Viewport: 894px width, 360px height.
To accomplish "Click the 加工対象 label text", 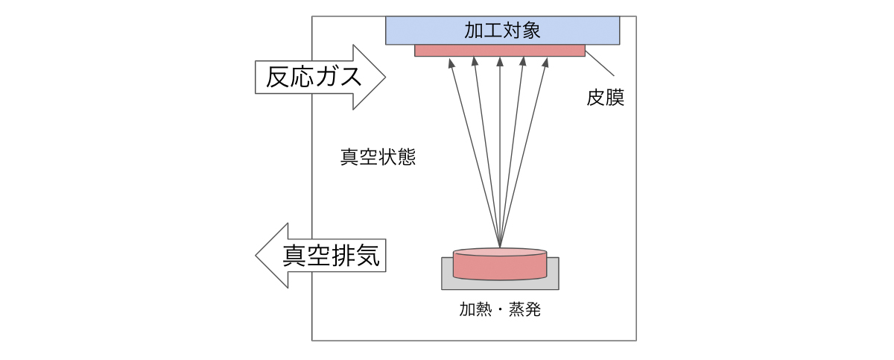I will pos(502,31).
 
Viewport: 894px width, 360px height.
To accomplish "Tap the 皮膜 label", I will pos(605,98).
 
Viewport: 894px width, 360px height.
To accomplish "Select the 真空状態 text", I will pos(378,158).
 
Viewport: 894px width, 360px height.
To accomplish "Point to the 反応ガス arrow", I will pos(320,77).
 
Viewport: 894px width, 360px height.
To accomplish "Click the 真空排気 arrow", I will pos(321,256).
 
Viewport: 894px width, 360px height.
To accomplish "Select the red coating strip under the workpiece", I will pos(499,51).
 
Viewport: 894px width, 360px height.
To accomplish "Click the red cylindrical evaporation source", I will pos(500,265).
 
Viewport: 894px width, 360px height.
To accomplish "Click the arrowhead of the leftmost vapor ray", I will pos(451,62).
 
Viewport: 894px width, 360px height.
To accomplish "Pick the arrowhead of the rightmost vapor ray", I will pos(546,62).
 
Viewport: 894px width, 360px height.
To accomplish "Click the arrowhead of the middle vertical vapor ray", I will pos(499,62).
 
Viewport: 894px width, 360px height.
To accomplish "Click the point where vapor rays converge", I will pos(500,247).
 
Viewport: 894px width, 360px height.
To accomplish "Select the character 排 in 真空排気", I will pos(343,256).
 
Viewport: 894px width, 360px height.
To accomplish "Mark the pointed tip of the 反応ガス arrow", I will pos(384,77).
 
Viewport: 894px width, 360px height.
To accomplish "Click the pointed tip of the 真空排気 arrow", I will pos(256,256).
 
